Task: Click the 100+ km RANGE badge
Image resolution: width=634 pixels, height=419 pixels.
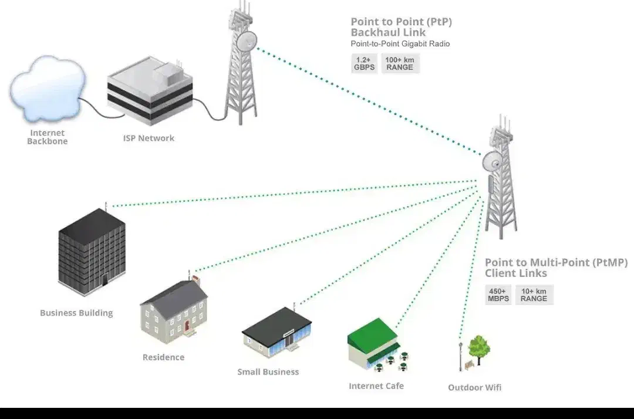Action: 400,63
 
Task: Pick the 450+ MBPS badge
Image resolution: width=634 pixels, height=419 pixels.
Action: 498,295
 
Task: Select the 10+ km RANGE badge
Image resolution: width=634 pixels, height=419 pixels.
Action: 534,295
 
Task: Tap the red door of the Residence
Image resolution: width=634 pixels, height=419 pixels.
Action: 187,325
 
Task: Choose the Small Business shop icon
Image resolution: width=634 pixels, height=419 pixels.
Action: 276,336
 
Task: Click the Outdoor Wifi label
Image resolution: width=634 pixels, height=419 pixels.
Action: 474,387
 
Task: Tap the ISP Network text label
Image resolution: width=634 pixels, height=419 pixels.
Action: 149,138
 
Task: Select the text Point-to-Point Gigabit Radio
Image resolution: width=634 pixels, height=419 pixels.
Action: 400,44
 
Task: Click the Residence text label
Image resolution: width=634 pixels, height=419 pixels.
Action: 163,357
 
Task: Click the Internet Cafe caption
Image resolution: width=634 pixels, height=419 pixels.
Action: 376,386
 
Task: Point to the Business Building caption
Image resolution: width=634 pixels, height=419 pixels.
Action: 76,313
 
